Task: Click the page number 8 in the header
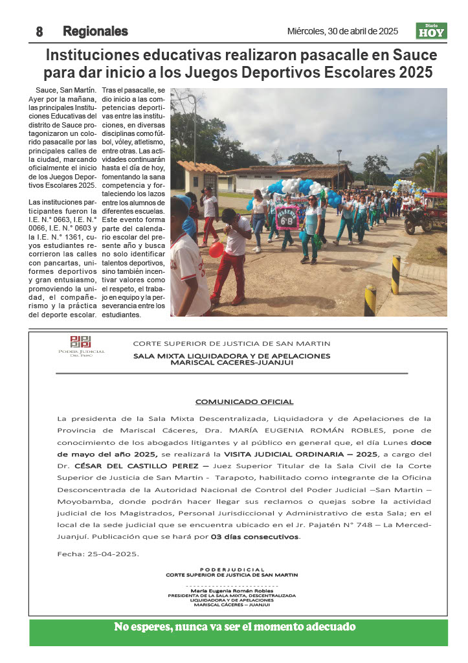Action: pos(39,32)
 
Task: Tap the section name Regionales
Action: pos(95,31)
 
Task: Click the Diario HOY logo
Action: pos(431,31)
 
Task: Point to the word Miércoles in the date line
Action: pos(306,31)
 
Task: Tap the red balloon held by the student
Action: pos(216,250)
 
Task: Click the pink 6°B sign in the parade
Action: pos(287,218)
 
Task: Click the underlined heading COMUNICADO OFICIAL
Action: pos(244,401)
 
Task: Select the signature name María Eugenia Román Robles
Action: pos(231,591)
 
